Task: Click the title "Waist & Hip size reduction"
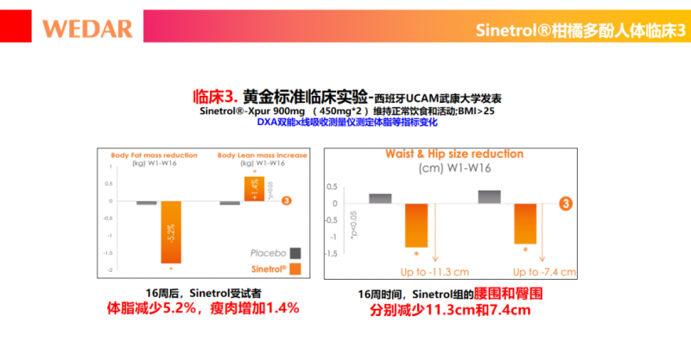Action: (x=447, y=155)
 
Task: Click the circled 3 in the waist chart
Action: (x=567, y=204)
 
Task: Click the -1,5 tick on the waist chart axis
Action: (x=332, y=254)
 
